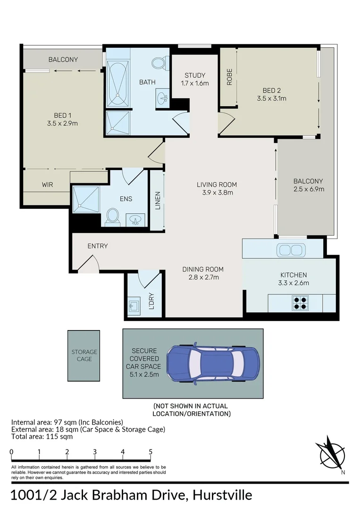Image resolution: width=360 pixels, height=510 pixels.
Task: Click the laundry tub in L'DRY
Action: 134,306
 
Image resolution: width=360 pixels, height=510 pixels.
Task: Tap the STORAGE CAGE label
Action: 84,355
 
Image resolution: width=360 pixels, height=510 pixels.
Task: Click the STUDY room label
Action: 195,75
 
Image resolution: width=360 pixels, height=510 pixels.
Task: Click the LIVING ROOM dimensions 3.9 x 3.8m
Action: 217,192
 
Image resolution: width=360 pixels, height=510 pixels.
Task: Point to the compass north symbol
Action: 332,455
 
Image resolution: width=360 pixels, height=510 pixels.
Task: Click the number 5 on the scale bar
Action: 151,452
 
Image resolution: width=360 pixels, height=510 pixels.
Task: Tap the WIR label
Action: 48,185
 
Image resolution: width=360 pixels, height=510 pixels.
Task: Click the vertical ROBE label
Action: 229,76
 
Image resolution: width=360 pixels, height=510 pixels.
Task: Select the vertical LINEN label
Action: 158,200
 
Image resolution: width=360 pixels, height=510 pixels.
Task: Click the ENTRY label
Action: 98,246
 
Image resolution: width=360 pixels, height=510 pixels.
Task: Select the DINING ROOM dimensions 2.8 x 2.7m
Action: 203,277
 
